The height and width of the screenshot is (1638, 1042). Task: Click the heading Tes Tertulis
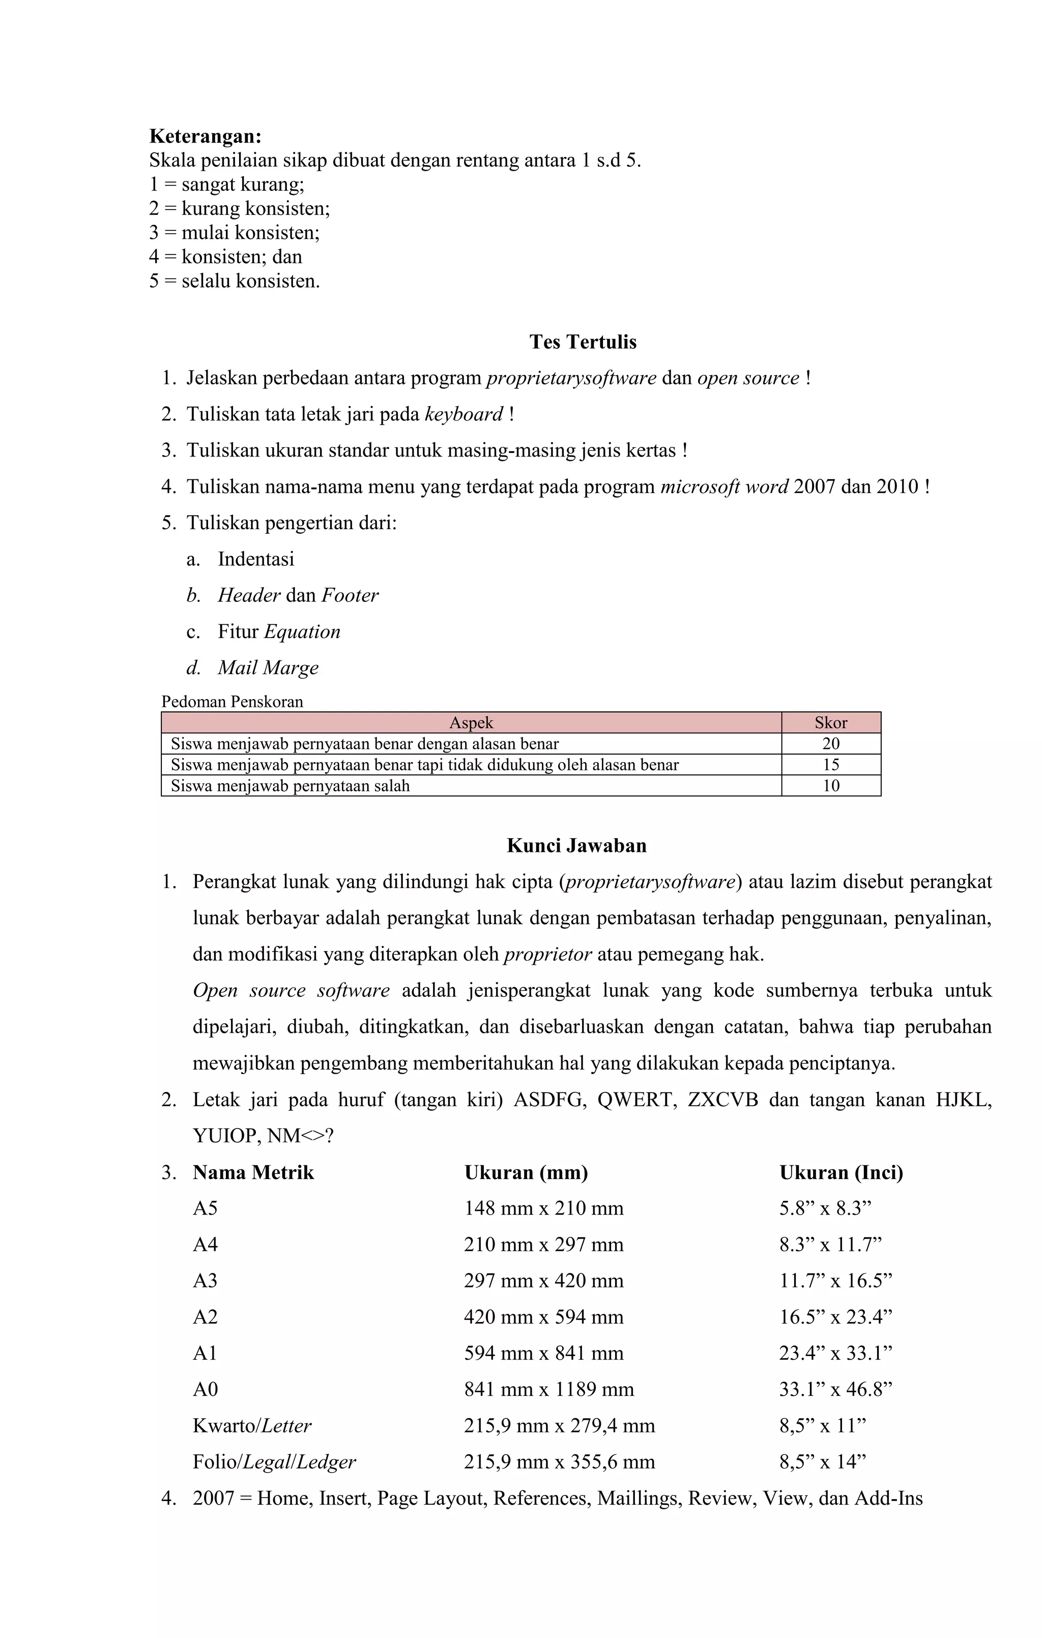pos(583,341)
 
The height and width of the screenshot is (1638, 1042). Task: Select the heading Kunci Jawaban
pos(576,846)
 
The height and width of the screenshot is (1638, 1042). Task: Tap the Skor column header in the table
pos(830,723)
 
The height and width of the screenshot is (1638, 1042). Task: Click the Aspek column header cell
pos(471,723)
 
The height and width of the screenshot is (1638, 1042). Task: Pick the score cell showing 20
pos(830,743)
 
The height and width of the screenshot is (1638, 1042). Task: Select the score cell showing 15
pos(830,765)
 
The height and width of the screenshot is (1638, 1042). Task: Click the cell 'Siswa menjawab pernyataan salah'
pos(291,786)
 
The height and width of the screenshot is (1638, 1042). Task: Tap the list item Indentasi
pos(256,559)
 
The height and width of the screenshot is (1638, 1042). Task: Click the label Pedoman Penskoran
pos(232,701)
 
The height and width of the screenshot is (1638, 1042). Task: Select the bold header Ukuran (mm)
pos(526,1173)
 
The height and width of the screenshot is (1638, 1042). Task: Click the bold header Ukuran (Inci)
pos(841,1173)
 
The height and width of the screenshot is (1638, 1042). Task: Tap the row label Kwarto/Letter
pos(252,1426)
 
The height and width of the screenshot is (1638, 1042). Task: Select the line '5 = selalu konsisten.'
pos(234,281)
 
